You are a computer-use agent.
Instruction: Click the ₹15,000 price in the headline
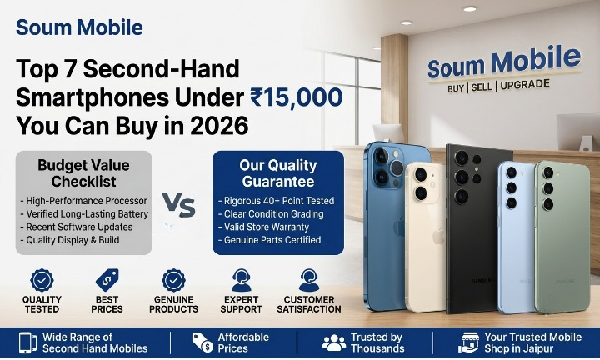[297, 97]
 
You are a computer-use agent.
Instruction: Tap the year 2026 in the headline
[219, 126]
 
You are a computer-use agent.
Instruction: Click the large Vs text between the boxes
[178, 205]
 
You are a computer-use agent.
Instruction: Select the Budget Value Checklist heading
[84, 173]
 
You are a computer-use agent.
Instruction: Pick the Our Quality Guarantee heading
[278, 173]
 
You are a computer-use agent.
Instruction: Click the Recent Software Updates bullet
[77, 227]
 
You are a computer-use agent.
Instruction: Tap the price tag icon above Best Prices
[107, 280]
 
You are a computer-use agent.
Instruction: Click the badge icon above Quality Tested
[42, 281]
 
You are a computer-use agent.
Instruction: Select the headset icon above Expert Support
[241, 281]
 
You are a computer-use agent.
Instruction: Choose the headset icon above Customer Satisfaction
[309, 281]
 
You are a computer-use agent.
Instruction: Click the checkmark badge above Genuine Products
[173, 281]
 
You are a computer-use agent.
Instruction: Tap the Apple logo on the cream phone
[438, 236]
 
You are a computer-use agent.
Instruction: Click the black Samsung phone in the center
[478, 229]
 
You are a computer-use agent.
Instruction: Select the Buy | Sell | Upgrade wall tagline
[498, 86]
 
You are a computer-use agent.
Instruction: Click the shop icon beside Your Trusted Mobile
[468, 342]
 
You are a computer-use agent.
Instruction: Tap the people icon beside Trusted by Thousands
[334, 342]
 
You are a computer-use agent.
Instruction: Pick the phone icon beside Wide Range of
[28, 342]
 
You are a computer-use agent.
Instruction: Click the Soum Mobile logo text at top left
[79, 27]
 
